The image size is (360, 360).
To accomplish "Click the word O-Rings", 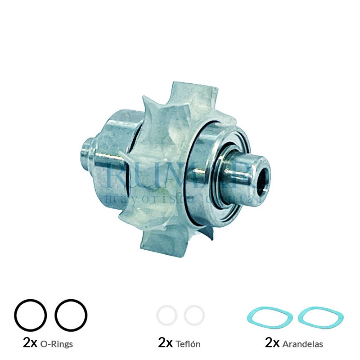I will click(x=57, y=344).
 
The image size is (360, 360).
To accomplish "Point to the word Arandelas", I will click(x=303, y=344).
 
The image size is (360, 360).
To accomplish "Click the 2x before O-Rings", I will click(x=30, y=343).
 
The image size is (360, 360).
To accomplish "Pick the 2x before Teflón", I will click(x=166, y=343).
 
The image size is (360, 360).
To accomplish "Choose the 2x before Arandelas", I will click(x=273, y=343).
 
